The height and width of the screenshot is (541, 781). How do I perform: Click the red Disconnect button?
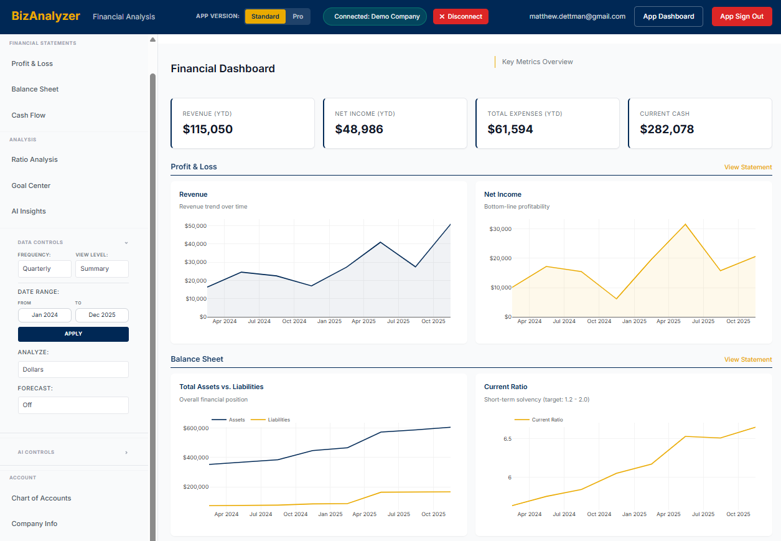click(461, 17)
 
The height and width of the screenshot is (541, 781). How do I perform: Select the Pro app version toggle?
click(298, 17)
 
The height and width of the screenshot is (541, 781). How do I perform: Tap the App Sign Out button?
click(741, 17)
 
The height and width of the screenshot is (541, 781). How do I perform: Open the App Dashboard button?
click(668, 17)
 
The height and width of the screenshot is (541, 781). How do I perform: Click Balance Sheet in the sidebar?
click(35, 89)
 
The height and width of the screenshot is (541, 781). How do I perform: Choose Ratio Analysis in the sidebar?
click(34, 159)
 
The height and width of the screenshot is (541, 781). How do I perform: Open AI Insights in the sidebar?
click(29, 211)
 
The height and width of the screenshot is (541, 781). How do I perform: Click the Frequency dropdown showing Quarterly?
click(44, 269)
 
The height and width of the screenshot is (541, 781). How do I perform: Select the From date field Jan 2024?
click(44, 315)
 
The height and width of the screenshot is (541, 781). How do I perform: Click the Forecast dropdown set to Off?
click(73, 405)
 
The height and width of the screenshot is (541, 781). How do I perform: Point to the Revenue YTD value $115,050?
click(207, 129)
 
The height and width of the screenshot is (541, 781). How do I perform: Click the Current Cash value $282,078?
click(666, 129)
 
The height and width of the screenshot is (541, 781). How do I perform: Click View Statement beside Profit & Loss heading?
click(747, 167)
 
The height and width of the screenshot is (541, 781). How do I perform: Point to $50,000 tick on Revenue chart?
click(195, 226)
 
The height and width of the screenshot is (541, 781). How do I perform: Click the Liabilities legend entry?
click(278, 420)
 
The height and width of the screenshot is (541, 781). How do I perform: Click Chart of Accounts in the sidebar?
click(41, 498)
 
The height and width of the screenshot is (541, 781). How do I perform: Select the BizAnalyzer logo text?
click(46, 16)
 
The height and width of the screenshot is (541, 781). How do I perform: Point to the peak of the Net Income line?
click(685, 224)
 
